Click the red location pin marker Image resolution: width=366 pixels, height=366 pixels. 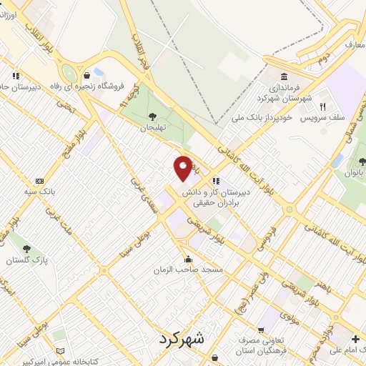tap(183, 167)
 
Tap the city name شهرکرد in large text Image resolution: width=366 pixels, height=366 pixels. tap(182, 338)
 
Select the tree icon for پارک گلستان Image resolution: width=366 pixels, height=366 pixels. tap(26, 249)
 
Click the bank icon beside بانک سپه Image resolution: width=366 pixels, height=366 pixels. tap(39, 182)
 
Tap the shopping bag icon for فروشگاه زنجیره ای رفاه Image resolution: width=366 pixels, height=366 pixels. tap(86, 75)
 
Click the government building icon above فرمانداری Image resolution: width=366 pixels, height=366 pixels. tap(285, 77)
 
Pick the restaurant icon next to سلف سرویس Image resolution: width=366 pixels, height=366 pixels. tap(322, 107)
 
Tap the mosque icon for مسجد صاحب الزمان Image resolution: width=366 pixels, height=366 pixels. tap(187, 259)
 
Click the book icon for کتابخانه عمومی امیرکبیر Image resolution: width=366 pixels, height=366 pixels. tap(60, 352)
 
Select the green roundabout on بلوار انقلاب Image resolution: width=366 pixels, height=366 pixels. tap(69, 73)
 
